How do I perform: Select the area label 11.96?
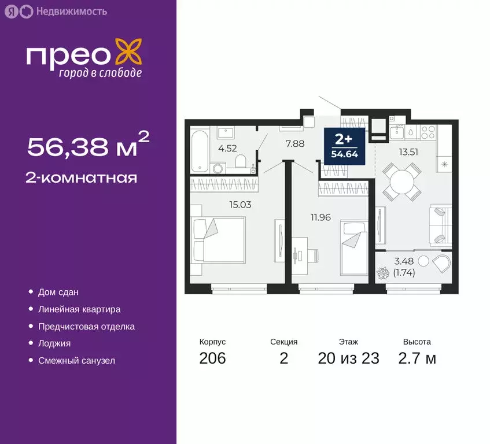pyautogui.click(x=320, y=217)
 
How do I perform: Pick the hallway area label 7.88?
pyautogui.click(x=295, y=143)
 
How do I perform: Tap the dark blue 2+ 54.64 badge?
pyautogui.click(x=344, y=146)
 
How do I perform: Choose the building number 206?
pyautogui.click(x=212, y=358)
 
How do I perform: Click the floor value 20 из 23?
pyautogui.click(x=348, y=358)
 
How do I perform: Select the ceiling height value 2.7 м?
pyautogui.click(x=417, y=358)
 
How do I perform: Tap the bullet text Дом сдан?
pyautogui.click(x=58, y=293)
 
